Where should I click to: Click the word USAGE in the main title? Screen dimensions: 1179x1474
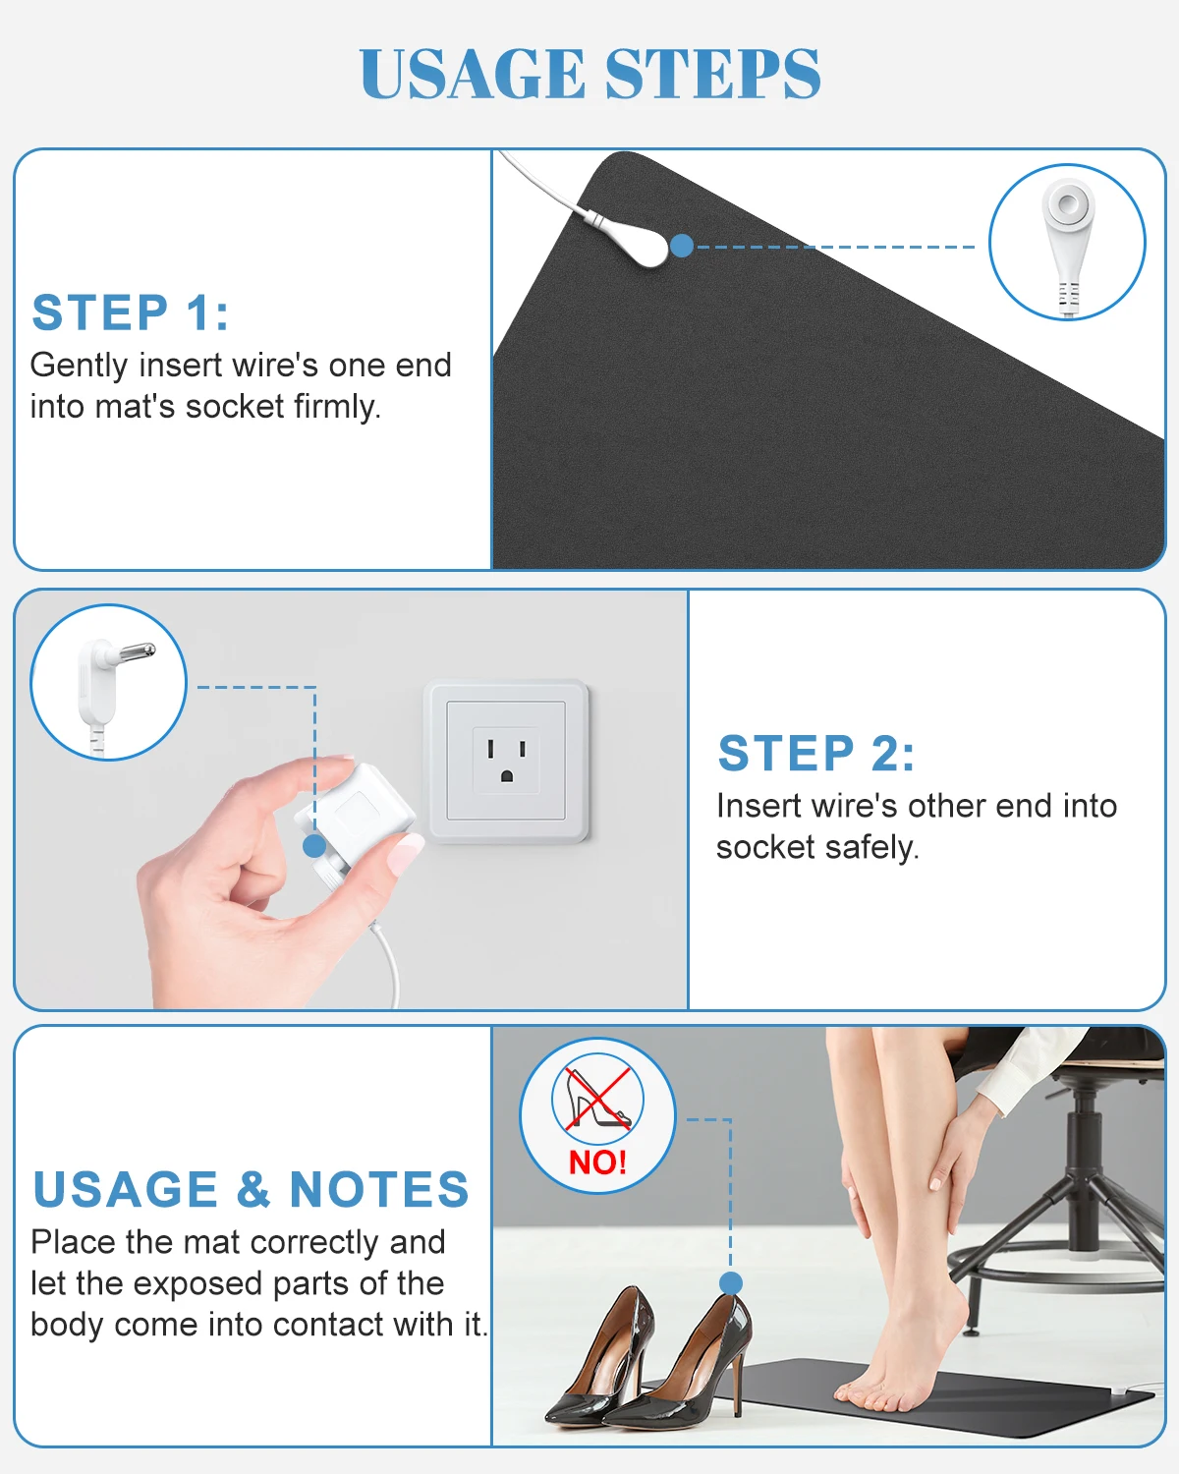[x=473, y=74]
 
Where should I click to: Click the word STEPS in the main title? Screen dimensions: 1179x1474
[x=712, y=74]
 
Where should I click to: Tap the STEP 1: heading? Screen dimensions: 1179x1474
[x=130, y=312]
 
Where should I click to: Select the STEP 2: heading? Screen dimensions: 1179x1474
[x=815, y=754]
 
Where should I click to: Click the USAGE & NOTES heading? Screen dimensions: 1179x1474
[x=251, y=1189]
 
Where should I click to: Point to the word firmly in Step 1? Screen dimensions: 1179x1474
[x=337, y=407]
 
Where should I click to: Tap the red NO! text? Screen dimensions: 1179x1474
[x=597, y=1162]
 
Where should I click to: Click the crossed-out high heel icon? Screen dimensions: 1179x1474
[x=597, y=1099]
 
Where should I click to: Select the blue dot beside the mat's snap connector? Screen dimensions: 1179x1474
[x=682, y=246]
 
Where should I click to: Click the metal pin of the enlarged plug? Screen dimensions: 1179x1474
[x=136, y=651]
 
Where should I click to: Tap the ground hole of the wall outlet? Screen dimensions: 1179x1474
[x=507, y=775]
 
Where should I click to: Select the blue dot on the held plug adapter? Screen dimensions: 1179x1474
[x=314, y=846]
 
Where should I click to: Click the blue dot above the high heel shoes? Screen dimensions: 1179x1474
[x=731, y=1283]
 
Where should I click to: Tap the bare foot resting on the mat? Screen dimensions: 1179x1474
[x=890, y=1363]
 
